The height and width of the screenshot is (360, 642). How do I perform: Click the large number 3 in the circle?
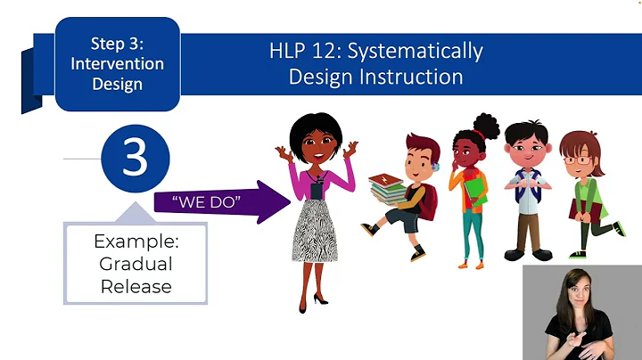[135, 157]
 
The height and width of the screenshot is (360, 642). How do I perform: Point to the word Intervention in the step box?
[118, 64]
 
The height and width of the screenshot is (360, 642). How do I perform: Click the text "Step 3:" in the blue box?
[118, 43]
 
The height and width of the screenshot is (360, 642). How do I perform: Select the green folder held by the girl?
[472, 192]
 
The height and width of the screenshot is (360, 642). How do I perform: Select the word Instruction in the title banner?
[416, 77]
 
